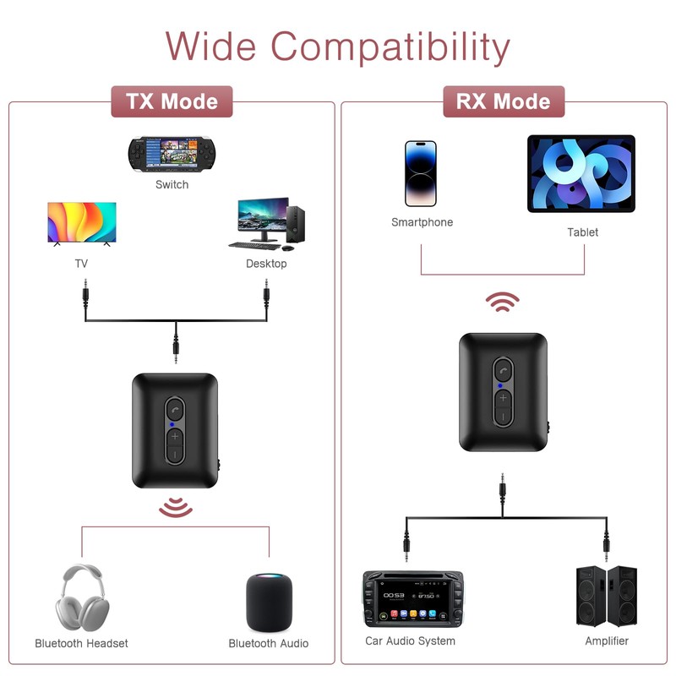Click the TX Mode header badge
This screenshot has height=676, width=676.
coord(172,101)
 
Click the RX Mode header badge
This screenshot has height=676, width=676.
coord(504,101)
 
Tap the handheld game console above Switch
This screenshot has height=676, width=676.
coord(172,154)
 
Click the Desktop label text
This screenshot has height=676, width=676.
coord(266,264)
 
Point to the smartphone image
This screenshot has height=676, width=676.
coord(421,173)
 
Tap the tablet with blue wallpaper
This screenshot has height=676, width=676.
coord(581,173)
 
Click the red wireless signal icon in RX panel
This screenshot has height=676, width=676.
coord(504,303)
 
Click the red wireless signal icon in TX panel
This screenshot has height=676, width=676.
coord(176,507)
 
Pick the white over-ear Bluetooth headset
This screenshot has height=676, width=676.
coord(81,597)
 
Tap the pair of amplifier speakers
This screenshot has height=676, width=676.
coord(606,595)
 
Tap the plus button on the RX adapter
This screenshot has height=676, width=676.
coord(504,397)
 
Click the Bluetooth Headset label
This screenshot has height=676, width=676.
coord(81,643)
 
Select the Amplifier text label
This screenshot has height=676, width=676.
coord(607,641)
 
